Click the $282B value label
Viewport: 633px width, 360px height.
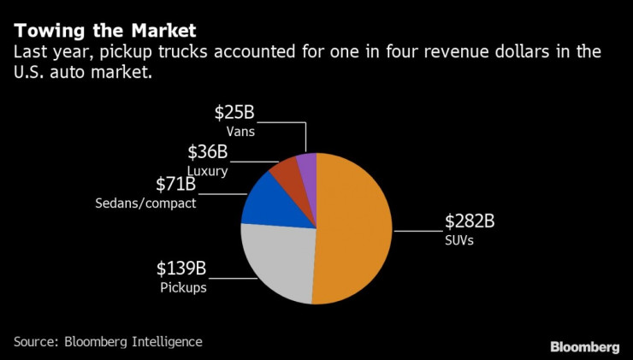pos(470,221)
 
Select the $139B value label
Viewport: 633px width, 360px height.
pos(181,269)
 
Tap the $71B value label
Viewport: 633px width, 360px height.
pos(175,184)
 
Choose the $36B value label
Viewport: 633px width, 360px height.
pos(207,152)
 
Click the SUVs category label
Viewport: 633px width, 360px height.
pos(459,241)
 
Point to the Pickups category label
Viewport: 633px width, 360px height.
pos(183,288)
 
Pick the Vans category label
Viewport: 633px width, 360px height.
pos(240,133)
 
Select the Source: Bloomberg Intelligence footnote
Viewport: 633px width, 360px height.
pos(108,341)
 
